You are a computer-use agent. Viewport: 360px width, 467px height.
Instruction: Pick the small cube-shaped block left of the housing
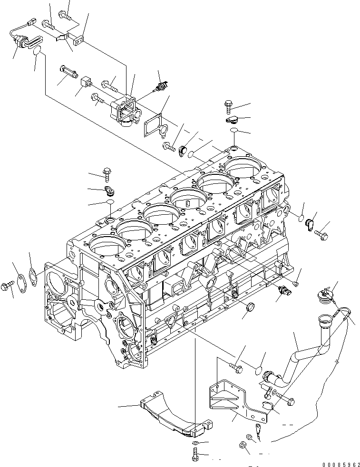coord(86,82)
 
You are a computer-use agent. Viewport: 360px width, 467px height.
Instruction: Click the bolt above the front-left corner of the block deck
coord(107,173)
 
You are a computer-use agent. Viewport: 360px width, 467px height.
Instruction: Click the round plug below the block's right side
coord(247,310)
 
